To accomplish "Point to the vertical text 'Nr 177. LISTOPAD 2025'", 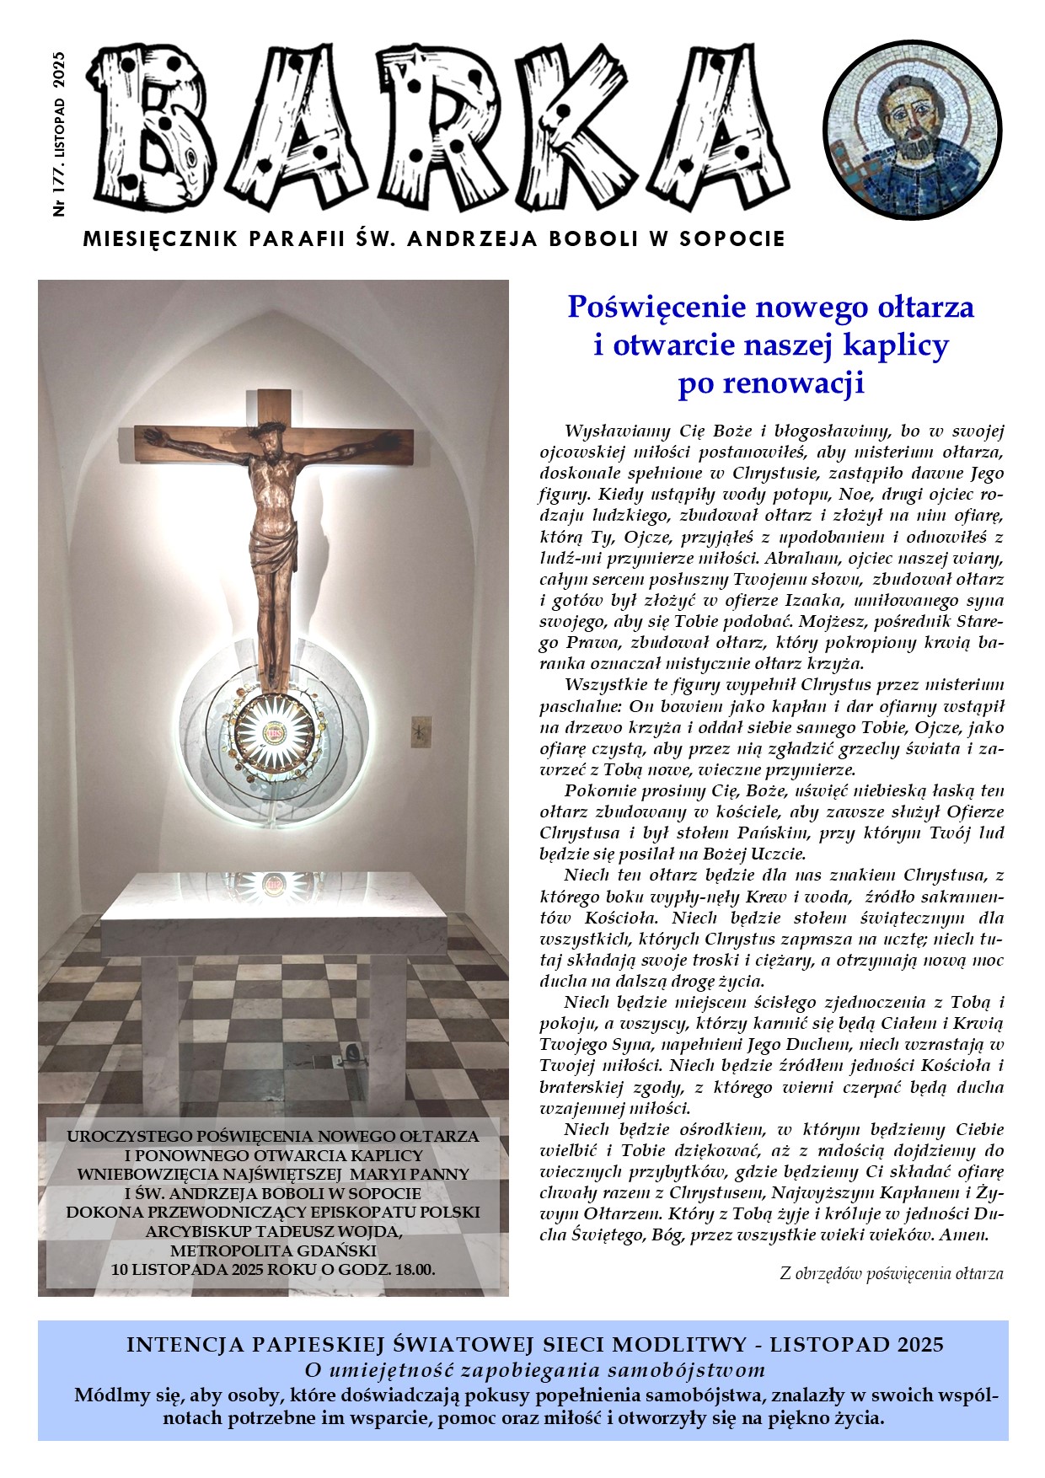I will (59, 135).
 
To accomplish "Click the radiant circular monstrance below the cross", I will (274, 732).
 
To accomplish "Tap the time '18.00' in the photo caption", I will (410, 1268).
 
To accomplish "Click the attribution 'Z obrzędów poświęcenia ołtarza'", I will (892, 1273).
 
